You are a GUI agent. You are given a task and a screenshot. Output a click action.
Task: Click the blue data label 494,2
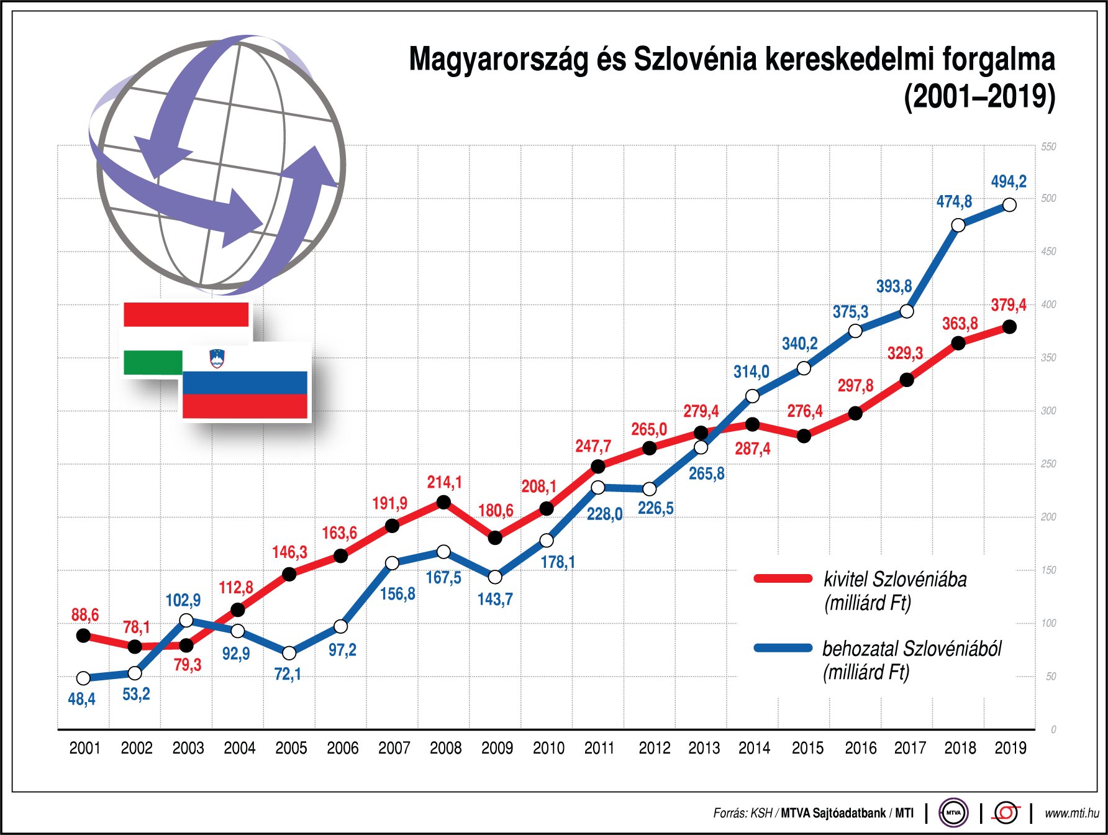pos(1009,181)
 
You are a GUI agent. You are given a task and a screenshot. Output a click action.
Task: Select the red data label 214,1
pos(444,482)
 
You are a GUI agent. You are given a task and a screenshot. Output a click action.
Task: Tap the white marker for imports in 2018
pos(958,225)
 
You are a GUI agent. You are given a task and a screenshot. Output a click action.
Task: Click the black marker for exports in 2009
pos(495,538)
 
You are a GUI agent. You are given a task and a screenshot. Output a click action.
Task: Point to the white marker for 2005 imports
pos(289,653)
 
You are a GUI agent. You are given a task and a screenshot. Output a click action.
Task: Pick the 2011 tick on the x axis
pos(599,748)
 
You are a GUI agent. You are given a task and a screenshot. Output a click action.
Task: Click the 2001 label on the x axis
pos(85,748)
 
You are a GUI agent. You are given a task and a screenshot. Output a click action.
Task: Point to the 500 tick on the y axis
pos(1048,198)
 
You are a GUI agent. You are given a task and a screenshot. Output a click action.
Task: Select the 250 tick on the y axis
pos(1048,463)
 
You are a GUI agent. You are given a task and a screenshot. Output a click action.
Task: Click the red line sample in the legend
pos(783,578)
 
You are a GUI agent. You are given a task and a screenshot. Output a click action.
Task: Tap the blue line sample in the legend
pos(783,648)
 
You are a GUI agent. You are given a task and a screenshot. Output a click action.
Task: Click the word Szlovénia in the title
pos(696,60)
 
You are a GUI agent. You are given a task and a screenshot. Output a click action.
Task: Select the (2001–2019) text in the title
pos(979,97)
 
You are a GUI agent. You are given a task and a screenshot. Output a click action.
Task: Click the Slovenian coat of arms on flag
pos(217,358)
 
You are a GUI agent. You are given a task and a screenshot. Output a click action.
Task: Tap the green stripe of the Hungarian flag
pos(153,363)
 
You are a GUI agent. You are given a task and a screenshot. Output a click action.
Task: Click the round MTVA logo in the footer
pos(953,813)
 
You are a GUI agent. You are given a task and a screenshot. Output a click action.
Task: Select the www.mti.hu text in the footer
pos(1071,813)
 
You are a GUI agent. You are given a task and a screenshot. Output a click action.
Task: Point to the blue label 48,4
pos(81,699)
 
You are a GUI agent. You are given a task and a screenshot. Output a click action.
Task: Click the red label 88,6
pos(85,615)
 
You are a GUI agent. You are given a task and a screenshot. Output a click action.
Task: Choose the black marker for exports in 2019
pos(1010,327)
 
